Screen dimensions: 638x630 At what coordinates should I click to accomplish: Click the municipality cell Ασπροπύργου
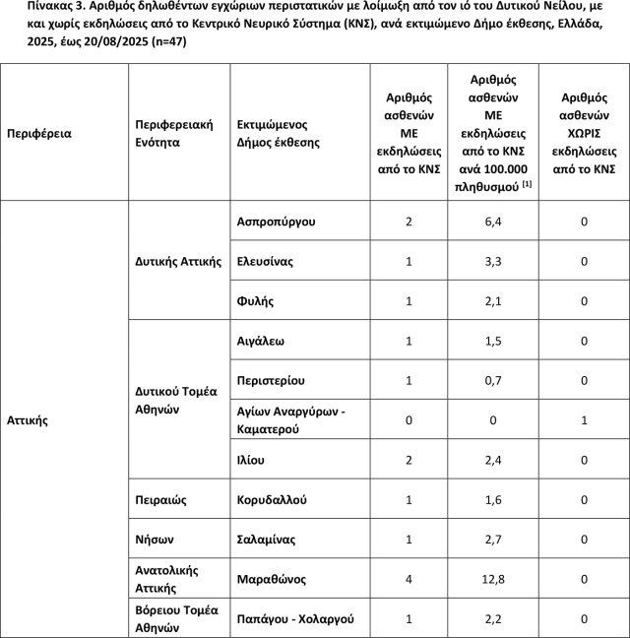pyautogui.click(x=277, y=222)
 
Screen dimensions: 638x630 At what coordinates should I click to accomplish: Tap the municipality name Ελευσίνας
pyautogui.click(x=266, y=262)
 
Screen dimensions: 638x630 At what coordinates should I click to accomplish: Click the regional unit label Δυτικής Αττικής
pyautogui.click(x=178, y=262)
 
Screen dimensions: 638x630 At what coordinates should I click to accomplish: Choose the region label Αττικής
pyautogui.click(x=28, y=420)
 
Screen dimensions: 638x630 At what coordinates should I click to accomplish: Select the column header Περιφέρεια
pyautogui.click(x=39, y=133)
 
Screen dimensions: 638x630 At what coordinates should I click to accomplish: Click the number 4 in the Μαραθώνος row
pyautogui.click(x=409, y=579)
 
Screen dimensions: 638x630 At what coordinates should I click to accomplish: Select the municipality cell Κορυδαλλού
pyautogui.click(x=272, y=500)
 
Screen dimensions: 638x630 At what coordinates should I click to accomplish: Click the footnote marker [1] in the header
pyautogui.click(x=527, y=185)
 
